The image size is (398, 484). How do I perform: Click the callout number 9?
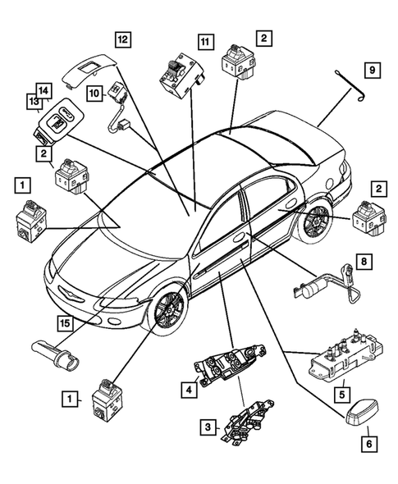[x=372, y=70]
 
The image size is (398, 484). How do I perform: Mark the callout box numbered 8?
[x=367, y=263]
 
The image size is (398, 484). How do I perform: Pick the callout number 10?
[x=96, y=94]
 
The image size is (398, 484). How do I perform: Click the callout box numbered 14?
[x=44, y=90]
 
